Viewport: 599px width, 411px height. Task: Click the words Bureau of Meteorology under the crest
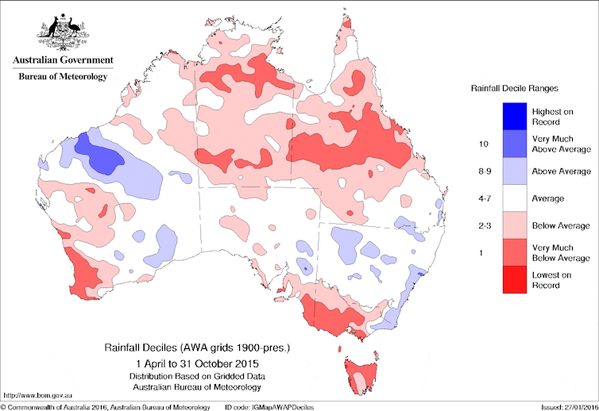point(62,76)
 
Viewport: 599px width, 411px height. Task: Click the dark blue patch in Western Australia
point(99,156)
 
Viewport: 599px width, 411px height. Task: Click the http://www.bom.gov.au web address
point(38,394)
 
